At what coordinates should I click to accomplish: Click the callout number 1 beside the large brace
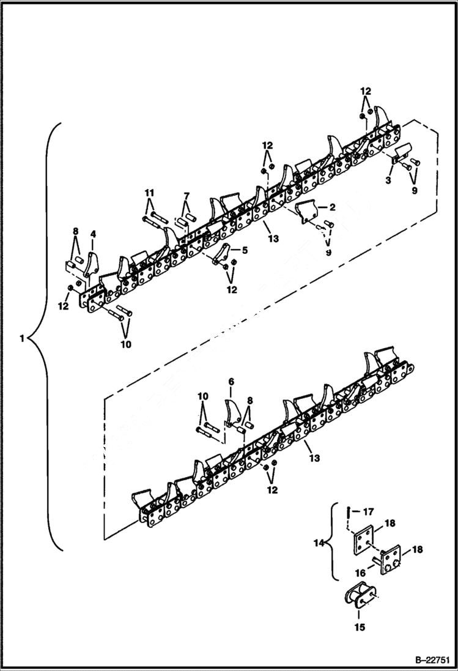click(22, 338)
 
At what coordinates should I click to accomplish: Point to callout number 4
click(94, 234)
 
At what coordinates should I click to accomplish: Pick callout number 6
click(231, 382)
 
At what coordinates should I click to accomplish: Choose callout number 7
click(187, 195)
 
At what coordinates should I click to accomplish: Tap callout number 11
click(149, 193)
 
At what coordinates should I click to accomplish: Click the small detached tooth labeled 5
click(223, 253)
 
